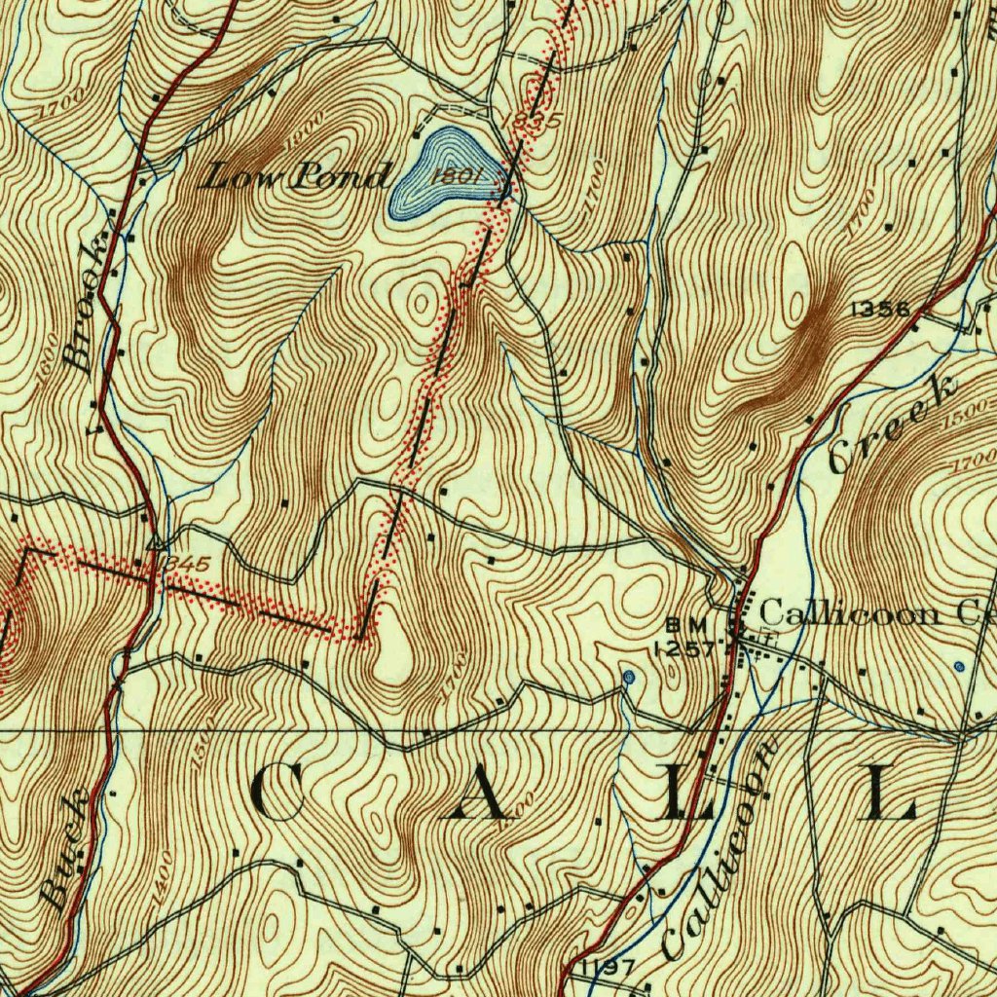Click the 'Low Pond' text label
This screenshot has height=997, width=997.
click(297, 177)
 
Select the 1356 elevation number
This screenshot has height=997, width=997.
click(879, 310)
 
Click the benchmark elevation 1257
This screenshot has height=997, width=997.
click(684, 647)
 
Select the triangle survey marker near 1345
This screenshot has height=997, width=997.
click(154, 542)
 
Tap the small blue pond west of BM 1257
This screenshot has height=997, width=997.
click(628, 676)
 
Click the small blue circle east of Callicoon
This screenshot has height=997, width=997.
click(959, 667)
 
